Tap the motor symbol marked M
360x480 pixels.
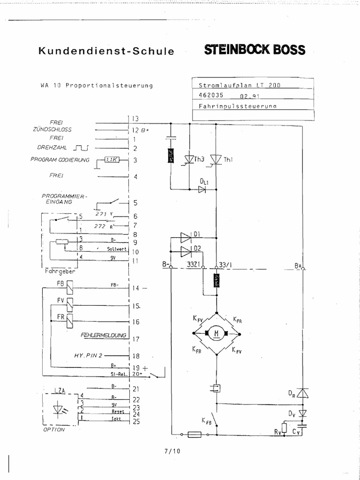[217, 333]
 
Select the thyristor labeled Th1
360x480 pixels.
[216, 160]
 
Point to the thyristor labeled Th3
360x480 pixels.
[189, 160]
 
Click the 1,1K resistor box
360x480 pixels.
[111, 160]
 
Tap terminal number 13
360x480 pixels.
[135, 118]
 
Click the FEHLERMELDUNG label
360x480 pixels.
[104, 335]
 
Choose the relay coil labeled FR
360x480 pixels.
[69, 321]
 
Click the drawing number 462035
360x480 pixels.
[211, 95]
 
